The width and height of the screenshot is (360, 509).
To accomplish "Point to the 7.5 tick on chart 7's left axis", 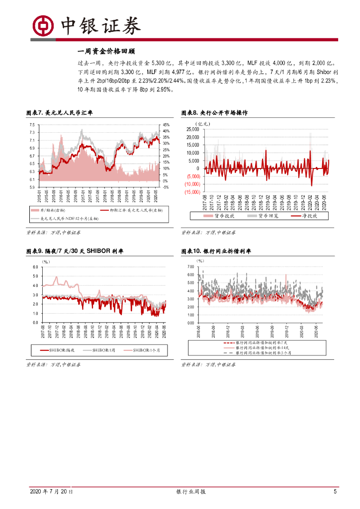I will click(x=31, y=125).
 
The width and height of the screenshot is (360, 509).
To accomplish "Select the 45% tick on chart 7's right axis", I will click(x=167, y=125).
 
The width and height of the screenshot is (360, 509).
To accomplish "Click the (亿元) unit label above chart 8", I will click(x=203, y=123).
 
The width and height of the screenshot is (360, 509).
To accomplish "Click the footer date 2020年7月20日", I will click(x=51, y=492).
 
